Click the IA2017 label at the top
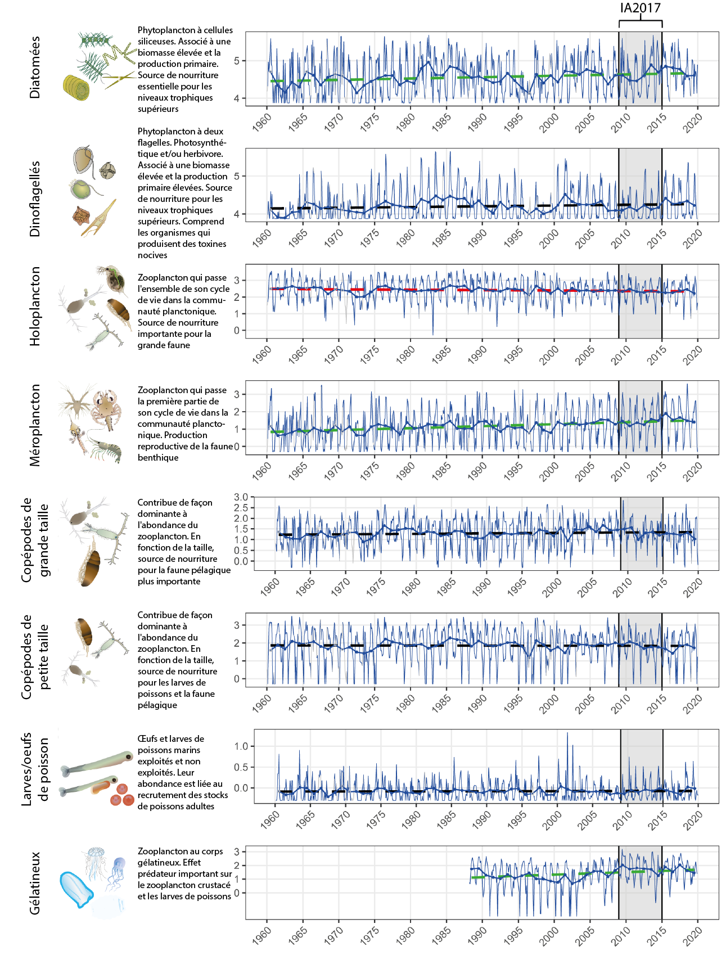coord(640,8)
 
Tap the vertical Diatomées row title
coord(35,67)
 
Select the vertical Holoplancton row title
coord(35,306)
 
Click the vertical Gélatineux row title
coord(35,882)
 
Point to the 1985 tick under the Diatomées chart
coord(441,122)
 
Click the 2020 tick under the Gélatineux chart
coord(693,936)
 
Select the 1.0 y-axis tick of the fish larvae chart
coord(241,746)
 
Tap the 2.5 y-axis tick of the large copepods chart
coord(241,508)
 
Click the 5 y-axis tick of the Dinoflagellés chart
coord(237,176)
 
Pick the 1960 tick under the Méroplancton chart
coord(262,471)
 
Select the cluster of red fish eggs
coord(120,794)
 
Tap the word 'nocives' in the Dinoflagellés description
coord(152,255)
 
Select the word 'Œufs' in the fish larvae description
coord(148,739)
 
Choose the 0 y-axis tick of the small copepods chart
coord(237,679)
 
